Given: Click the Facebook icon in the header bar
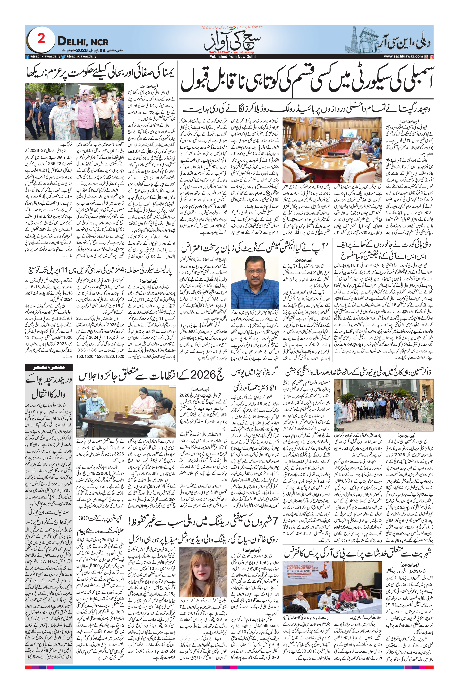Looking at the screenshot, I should click(27, 57).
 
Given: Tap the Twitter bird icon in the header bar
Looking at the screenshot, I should click(63, 57).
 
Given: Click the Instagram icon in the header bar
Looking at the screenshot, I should click(431, 57).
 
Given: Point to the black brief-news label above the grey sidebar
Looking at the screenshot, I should click(49, 367).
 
